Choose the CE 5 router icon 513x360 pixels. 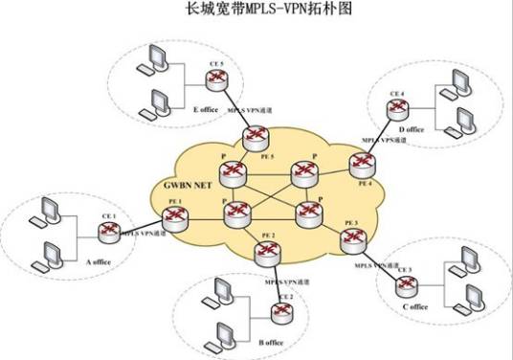point(217,77)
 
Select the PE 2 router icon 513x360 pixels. point(267,251)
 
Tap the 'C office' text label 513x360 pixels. point(413,307)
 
